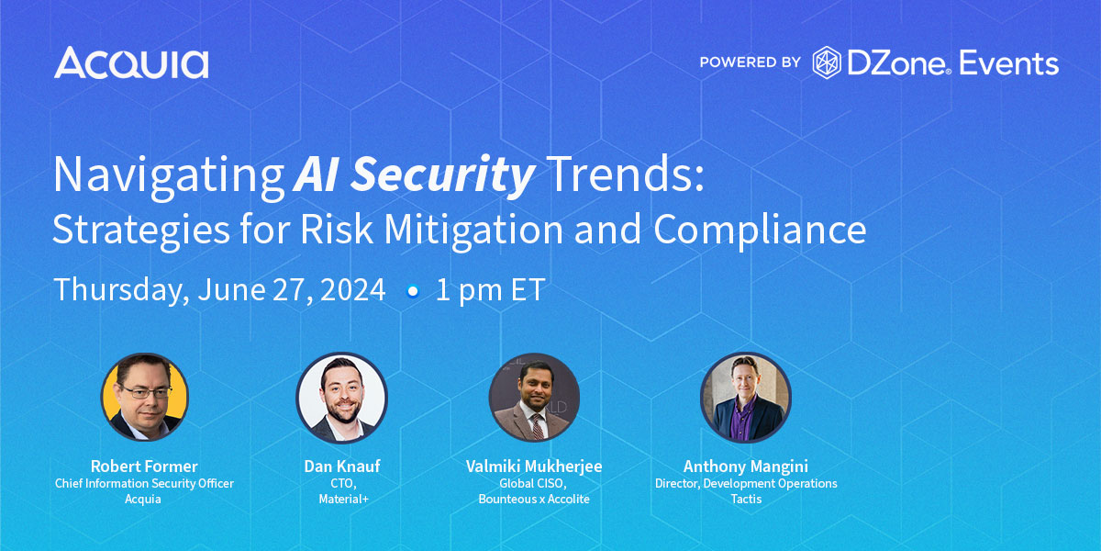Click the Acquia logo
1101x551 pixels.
pyautogui.click(x=131, y=62)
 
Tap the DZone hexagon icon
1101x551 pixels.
pyautogui.click(x=827, y=62)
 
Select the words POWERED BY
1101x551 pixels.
pyautogui.click(x=751, y=62)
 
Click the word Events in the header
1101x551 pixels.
pyautogui.click(x=1008, y=63)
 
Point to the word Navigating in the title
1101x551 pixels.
pyautogui.click(x=169, y=175)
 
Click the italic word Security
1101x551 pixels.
pyautogui.click(x=442, y=175)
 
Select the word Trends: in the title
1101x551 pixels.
pyautogui.click(x=625, y=174)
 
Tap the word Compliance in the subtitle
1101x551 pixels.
pyautogui.click(x=760, y=231)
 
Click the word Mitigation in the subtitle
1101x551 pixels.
pyautogui.click(x=473, y=231)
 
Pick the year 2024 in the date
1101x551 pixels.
pyautogui.click(x=353, y=290)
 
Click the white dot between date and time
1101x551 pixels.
pyautogui.click(x=413, y=291)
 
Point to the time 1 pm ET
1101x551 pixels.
pyautogui.click(x=491, y=290)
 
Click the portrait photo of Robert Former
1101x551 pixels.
pyautogui.click(x=145, y=397)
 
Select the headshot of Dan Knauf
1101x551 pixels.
pyautogui.click(x=342, y=397)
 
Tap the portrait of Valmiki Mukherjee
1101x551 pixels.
pyautogui.click(x=534, y=397)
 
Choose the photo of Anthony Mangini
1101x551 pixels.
pyautogui.click(x=746, y=397)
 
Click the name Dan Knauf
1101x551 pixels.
pyautogui.click(x=342, y=466)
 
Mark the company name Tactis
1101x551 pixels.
pyautogui.click(x=746, y=499)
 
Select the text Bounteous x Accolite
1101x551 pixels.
pyautogui.click(x=534, y=499)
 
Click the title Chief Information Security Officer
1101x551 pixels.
pyautogui.click(x=144, y=484)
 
